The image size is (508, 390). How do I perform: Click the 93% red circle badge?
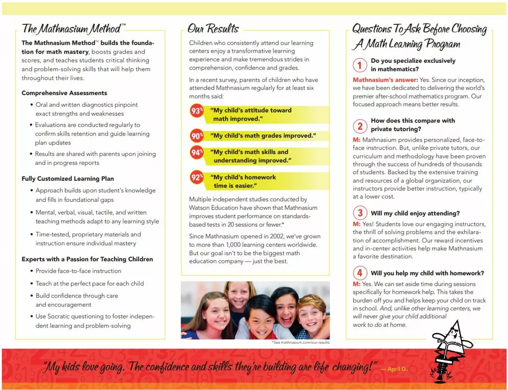197,111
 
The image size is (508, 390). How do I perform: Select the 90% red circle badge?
197,136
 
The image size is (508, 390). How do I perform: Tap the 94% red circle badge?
197,153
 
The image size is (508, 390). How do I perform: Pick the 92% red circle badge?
197,177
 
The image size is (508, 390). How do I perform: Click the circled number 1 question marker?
360,65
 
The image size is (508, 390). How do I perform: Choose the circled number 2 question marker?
360,126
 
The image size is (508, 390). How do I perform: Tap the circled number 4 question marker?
360,273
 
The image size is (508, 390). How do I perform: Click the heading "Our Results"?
213,29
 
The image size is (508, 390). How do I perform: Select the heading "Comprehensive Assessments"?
64,93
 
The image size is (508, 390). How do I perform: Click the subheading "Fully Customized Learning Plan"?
67,179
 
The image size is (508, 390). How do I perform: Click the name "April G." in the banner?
394,369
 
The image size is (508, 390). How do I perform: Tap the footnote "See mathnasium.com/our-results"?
301,342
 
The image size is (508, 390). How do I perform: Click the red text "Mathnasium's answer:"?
385,80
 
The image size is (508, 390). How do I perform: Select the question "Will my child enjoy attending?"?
415,214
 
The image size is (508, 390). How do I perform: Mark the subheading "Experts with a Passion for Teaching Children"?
87,259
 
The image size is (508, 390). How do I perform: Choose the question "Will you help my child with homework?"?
427,273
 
